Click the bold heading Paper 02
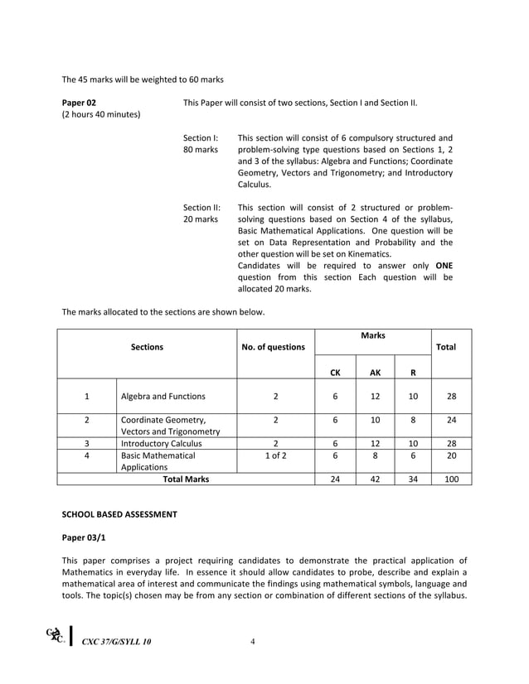pos(80,102)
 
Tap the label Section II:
pos(201,207)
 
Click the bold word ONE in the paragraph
pos(444,265)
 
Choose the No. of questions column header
pos(273,347)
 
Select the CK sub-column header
pos(335,373)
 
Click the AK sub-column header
pos(375,373)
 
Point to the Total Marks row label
pos(186,479)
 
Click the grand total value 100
pos(451,479)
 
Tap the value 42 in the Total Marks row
pos(375,479)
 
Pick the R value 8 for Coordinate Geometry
pos(413,420)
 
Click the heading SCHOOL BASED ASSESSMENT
pos(119,514)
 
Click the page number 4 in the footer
pos(252,642)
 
